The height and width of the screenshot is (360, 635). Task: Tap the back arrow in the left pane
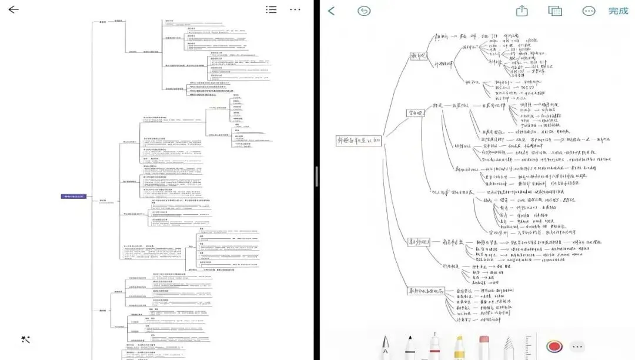[x=13, y=9]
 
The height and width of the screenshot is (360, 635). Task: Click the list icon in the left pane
[x=271, y=9]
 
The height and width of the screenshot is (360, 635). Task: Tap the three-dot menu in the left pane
[x=295, y=9]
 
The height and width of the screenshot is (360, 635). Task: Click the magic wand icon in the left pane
[x=25, y=339]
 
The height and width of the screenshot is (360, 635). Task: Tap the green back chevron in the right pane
[x=332, y=11]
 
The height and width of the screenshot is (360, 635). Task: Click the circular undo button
[x=364, y=11]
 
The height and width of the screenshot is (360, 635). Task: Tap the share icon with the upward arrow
[x=522, y=11]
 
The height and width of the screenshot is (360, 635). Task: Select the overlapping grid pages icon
[x=555, y=11]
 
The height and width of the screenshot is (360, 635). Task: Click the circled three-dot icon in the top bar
[x=589, y=11]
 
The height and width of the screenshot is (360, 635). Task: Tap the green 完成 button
[x=618, y=11]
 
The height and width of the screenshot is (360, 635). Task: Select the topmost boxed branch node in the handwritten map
[x=420, y=55]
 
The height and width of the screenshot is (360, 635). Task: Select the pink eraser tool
[x=484, y=347]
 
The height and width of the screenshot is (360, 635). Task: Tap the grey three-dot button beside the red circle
[x=577, y=346]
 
